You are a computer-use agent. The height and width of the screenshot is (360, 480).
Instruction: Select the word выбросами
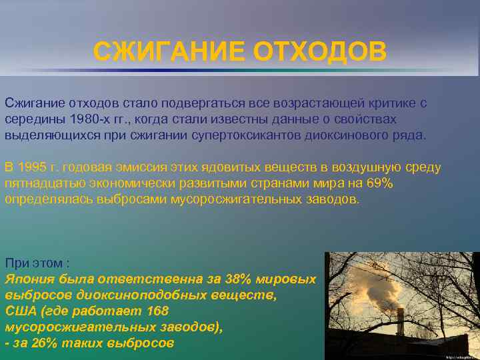pyautogui.click(x=115, y=199)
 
